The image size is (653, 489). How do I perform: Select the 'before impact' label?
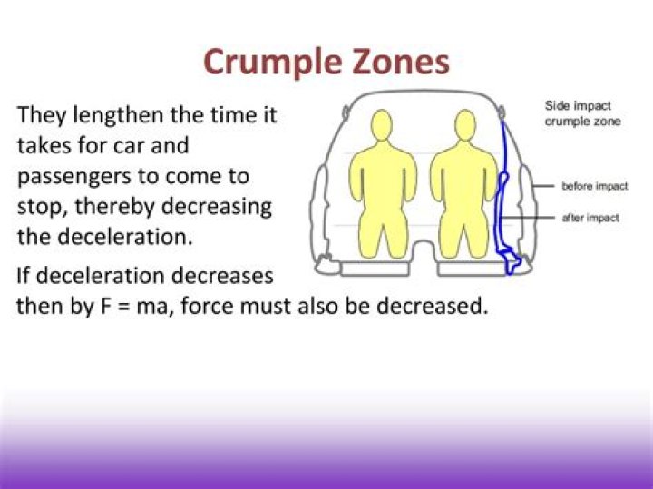[594, 186]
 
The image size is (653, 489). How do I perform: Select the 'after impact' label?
[590, 219]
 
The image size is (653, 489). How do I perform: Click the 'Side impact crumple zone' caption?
[582, 113]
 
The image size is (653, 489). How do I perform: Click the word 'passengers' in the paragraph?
[72, 176]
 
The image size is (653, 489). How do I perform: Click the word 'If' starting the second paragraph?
[24, 275]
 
